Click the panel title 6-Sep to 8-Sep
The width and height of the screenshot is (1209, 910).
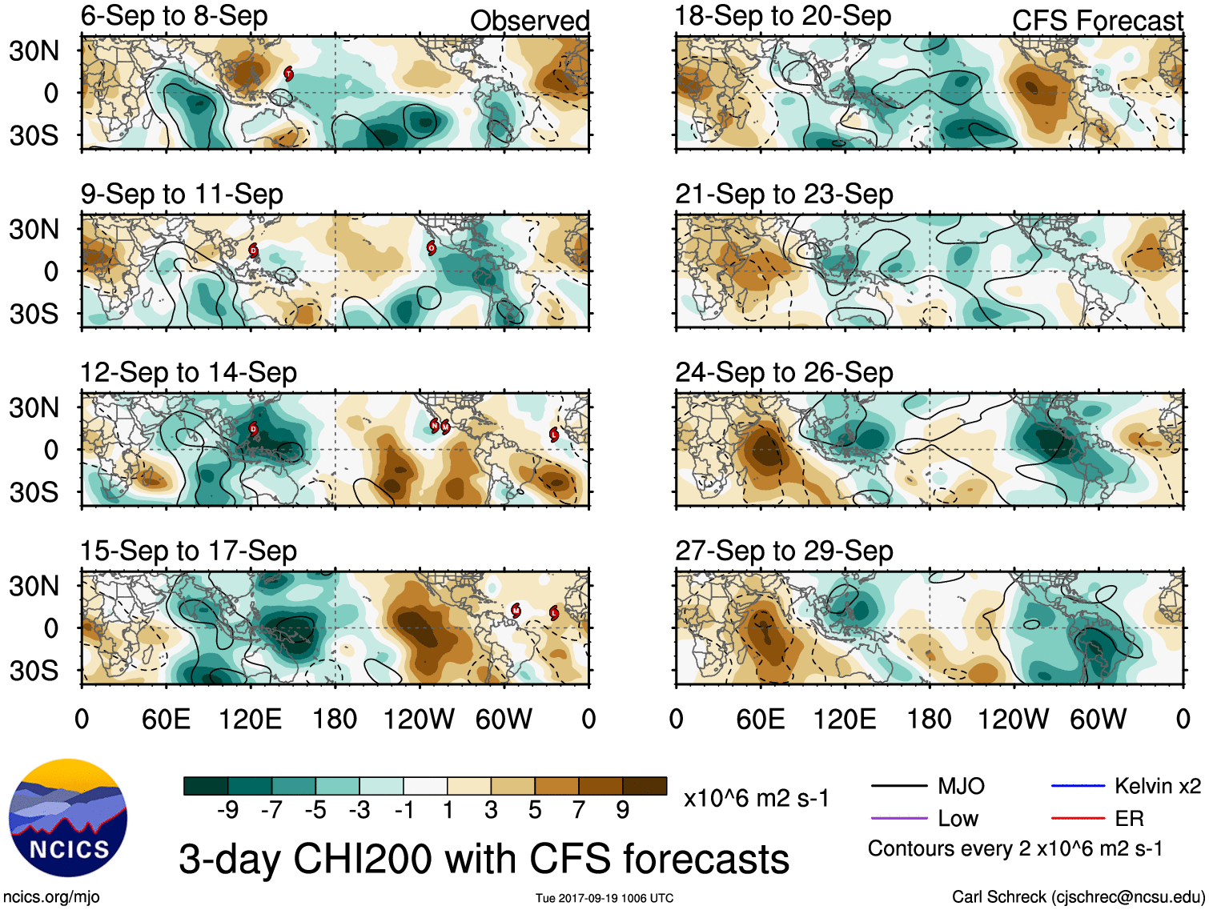(x=175, y=16)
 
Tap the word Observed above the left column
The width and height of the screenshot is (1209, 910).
(x=529, y=21)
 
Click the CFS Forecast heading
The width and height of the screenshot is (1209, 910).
(x=1097, y=21)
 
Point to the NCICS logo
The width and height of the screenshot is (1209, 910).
(x=68, y=817)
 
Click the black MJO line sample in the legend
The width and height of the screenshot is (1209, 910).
(x=898, y=786)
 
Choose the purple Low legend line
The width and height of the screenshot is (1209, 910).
(x=898, y=818)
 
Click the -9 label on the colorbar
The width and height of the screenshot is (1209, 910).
(x=227, y=810)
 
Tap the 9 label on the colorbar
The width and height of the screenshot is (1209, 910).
(x=623, y=810)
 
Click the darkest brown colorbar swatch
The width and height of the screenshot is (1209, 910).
(x=645, y=786)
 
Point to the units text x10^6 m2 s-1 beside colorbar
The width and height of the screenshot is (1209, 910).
(x=756, y=798)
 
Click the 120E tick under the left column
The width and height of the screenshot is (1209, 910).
(x=250, y=719)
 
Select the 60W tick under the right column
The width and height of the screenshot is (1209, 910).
(x=1098, y=719)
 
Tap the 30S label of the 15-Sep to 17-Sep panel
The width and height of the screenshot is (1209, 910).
(x=34, y=671)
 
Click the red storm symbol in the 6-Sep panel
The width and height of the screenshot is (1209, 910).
(x=289, y=74)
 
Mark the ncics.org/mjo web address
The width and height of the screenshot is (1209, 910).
(x=51, y=897)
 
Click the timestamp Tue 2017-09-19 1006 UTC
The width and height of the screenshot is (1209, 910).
(x=604, y=898)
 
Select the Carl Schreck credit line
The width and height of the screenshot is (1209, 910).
(x=1078, y=897)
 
